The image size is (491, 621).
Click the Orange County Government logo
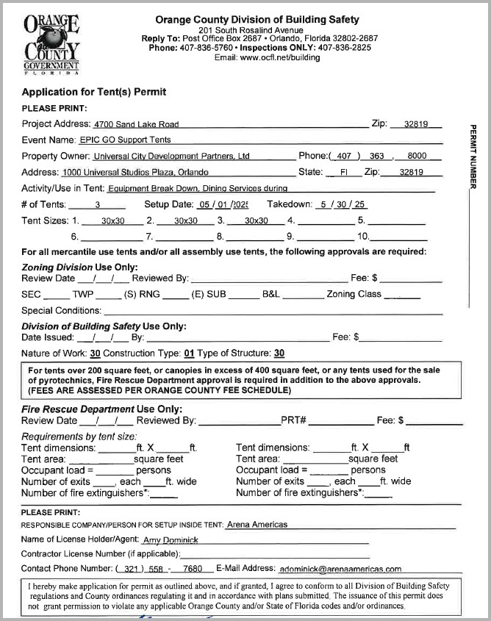[x=51, y=44]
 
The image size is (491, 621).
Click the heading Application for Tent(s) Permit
[x=94, y=93]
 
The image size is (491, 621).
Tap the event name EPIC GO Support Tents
[x=125, y=140]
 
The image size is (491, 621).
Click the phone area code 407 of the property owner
[x=344, y=157]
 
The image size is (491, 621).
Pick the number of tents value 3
[x=98, y=205]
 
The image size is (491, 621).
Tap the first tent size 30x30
[x=114, y=221]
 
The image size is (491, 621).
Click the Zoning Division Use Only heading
[x=79, y=268]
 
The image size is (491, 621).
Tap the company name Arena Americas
[x=257, y=525]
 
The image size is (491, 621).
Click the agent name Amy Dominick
[x=171, y=540]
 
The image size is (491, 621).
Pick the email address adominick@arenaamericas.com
[x=340, y=569]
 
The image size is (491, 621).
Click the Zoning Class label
[x=354, y=294]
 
